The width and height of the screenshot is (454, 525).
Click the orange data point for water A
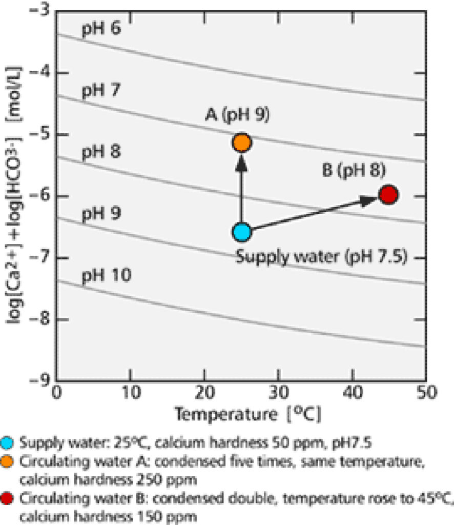pos(241,143)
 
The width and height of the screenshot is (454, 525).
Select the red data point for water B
pos(388,194)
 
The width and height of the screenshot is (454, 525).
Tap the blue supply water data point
pos(241,232)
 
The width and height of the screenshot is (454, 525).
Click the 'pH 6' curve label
pos(100,29)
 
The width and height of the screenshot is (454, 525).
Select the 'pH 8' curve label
pos(100,153)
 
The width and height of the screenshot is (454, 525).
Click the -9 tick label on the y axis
pos(39,381)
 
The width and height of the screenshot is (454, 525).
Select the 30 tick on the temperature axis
pos(278,394)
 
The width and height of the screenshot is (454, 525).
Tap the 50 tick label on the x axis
pos(425,394)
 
